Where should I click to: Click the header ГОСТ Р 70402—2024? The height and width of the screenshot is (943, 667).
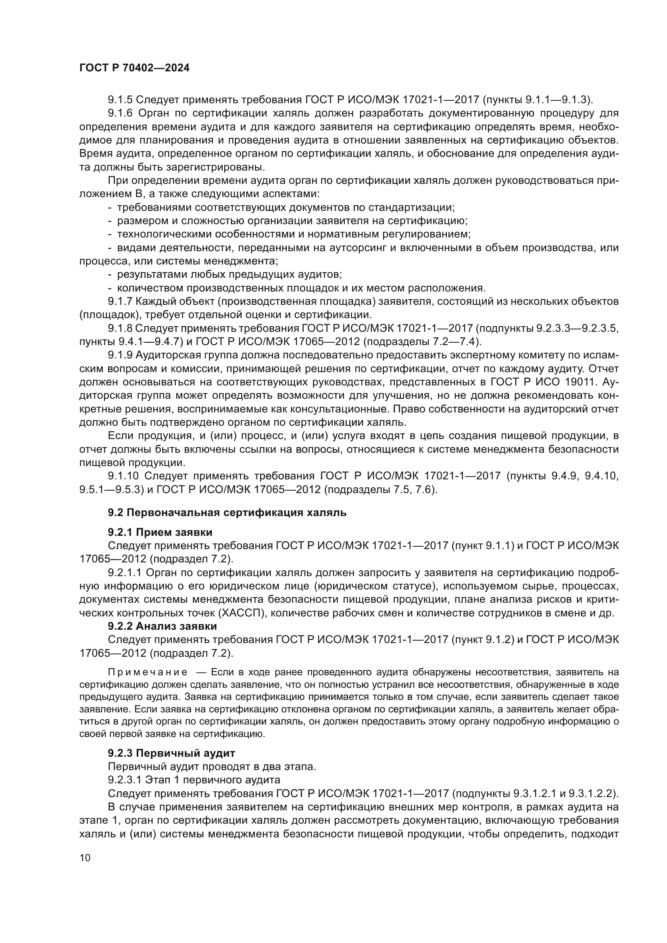point(134,68)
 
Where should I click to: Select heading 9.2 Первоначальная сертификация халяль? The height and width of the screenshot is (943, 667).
point(227,512)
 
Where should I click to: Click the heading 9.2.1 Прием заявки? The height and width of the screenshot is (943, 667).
point(160,532)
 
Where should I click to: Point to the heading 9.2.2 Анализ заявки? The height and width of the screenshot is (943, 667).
point(162,626)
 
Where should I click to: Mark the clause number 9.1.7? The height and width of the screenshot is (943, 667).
point(120,302)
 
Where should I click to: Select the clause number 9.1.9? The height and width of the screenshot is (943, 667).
point(120,355)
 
